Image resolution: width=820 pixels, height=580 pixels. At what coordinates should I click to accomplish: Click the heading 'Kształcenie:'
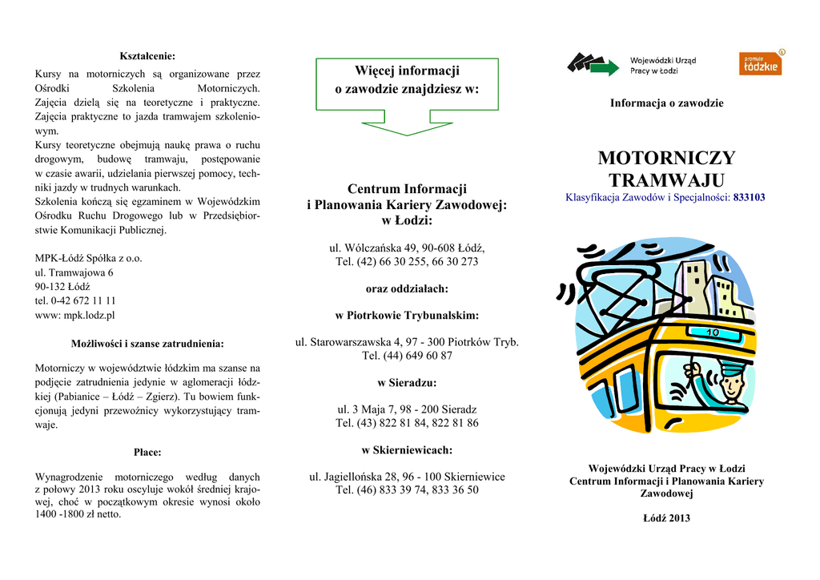click(147, 55)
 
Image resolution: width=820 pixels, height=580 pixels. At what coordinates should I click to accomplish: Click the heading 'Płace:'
click(147, 453)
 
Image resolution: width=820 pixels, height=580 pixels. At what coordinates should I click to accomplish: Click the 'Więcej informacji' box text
click(407, 80)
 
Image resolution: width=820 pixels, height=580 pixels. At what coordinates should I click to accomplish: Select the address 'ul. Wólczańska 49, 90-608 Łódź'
click(407, 248)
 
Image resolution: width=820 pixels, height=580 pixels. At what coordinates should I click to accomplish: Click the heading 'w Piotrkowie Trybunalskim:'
click(407, 315)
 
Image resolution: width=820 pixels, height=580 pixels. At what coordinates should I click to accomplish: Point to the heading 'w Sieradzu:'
click(407, 382)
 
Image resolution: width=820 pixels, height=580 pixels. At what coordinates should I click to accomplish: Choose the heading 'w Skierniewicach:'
click(407, 449)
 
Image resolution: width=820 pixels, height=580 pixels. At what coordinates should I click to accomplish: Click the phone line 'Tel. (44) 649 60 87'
click(407, 356)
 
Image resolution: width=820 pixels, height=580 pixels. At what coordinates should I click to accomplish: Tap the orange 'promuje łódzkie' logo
click(759, 63)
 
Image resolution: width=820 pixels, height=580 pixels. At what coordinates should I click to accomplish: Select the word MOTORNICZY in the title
click(666, 158)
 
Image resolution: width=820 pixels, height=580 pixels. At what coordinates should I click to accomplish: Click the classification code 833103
click(749, 197)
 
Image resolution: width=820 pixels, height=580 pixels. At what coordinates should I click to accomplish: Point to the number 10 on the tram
click(713, 332)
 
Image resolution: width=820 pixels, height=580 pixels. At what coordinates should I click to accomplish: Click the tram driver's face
click(730, 386)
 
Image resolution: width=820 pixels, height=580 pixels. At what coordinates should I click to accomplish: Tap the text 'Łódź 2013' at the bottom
click(666, 518)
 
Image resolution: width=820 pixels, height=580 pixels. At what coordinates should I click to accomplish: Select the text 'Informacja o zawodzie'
click(666, 103)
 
